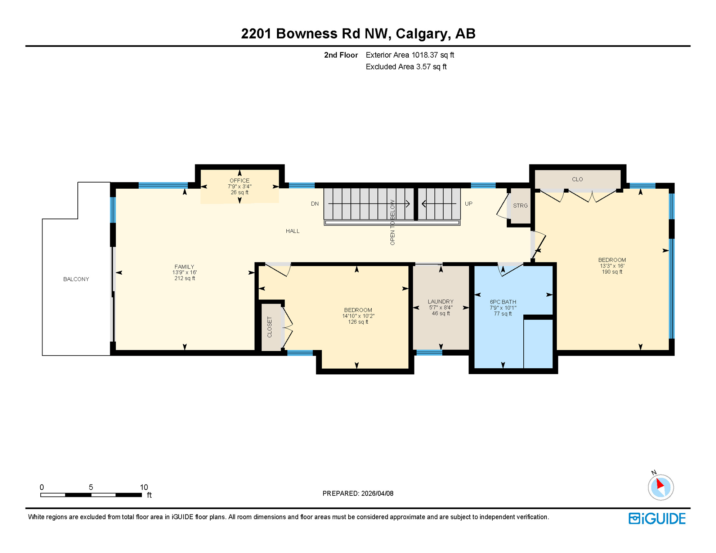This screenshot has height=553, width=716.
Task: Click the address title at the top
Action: point(358,33)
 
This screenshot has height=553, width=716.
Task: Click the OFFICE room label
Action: point(240,181)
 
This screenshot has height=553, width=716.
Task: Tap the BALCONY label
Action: point(76,279)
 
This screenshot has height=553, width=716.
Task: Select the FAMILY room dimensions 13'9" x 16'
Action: point(184,273)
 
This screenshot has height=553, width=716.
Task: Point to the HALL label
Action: point(292,231)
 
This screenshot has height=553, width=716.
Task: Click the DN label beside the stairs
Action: point(315,204)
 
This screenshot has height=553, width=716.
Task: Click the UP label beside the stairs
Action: point(468,204)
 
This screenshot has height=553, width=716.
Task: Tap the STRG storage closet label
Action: point(520,206)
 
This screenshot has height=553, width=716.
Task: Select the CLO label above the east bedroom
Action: point(577,179)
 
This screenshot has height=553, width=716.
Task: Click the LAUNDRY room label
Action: point(440,302)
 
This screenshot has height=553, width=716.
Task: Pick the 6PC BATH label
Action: point(503,302)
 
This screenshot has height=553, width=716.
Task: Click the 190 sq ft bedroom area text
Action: point(612,272)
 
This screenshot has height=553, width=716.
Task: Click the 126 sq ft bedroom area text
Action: point(358,322)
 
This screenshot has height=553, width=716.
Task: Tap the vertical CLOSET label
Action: point(270,327)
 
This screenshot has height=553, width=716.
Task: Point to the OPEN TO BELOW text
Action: point(392,222)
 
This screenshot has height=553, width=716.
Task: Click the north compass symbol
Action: point(661,487)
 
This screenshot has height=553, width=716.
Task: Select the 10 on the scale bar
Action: point(144,487)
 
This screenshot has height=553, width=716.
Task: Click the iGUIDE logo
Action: point(657,518)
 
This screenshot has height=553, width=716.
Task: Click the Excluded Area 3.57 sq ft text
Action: point(406,67)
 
